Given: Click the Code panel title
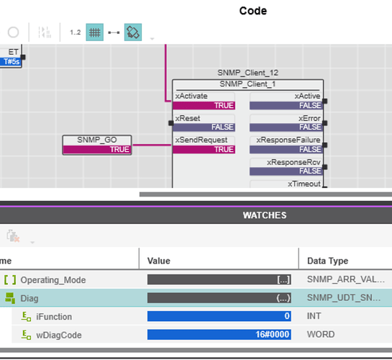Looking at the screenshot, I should [x=252, y=11].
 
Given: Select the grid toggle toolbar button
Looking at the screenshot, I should [x=95, y=32].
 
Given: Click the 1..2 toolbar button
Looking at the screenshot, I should [x=76, y=32].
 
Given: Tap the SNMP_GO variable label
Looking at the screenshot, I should [x=97, y=140].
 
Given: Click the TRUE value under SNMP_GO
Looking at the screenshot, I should [x=97, y=150].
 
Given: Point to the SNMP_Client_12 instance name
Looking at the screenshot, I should [x=247, y=73].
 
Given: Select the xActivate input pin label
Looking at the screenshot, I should [x=191, y=96].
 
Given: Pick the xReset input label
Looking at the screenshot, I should [x=188, y=118].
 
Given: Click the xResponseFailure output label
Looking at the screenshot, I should [x=293, y=140].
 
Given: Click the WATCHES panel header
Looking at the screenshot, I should [x=264, y=215].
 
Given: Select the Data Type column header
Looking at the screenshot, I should [x=327, y=261].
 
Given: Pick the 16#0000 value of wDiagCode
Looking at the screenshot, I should [x=219, y=334].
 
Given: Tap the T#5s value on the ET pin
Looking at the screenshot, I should [x=12, y=61].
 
